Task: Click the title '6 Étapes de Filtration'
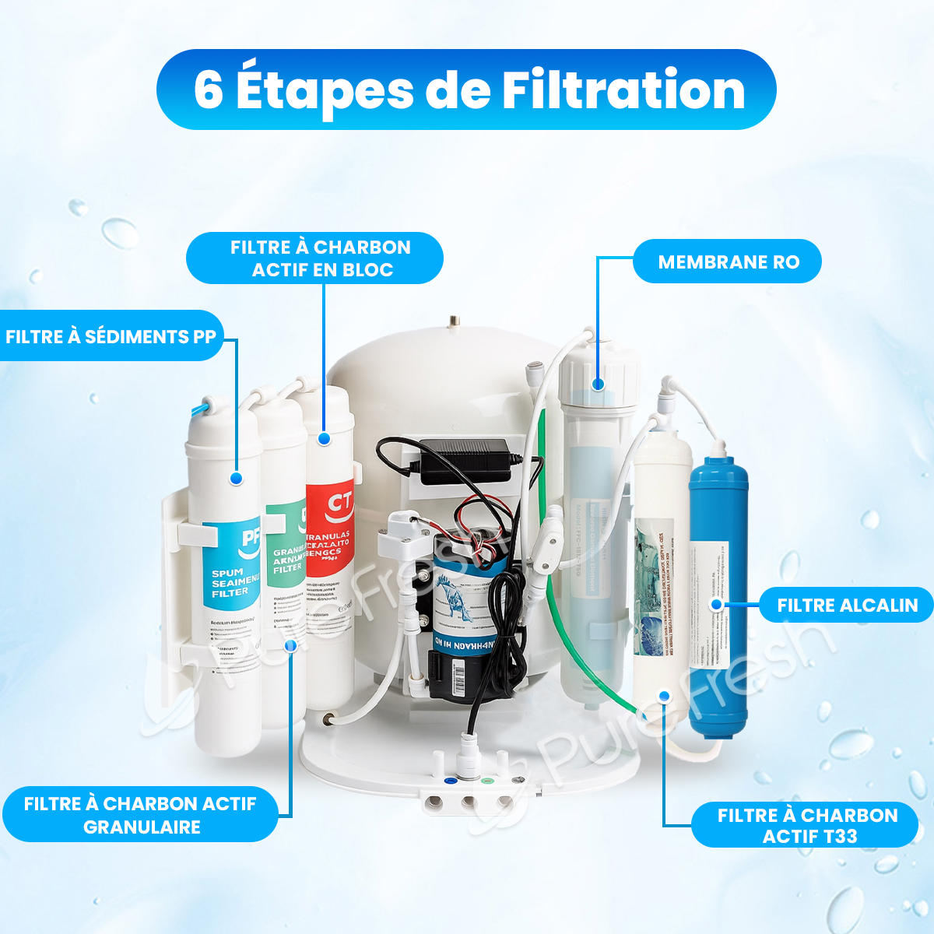click(x=467, y=90)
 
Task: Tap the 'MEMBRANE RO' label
click(x=728, y=262)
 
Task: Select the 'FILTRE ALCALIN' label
click(x=847, y=605)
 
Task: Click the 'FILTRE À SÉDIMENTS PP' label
click(x=111, y=336)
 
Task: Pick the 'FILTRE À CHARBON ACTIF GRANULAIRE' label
click(x=140, y=815)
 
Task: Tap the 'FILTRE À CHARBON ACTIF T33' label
click(x=806, y=825)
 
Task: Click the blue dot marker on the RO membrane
click(x=597, y=384)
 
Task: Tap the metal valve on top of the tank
click(x=451, y=322)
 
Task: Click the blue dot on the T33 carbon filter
click(x=663, y=696)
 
